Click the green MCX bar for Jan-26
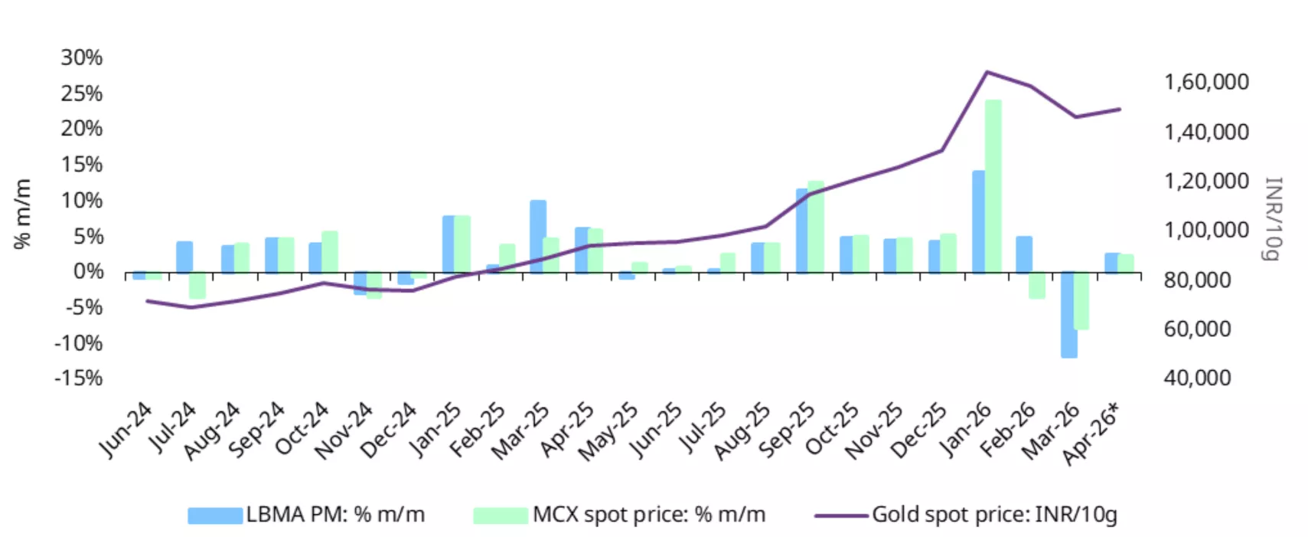coord(993,186)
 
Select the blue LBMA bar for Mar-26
coord(1068,314)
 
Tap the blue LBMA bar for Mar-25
coord(538,236)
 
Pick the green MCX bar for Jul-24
coord(197,285)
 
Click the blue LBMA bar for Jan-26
coord(979,221)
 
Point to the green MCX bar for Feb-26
coord(1037,285)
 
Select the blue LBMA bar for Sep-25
coord(802,231)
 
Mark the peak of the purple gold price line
coord(987,73)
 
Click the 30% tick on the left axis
coord(82,57)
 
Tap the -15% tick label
coord(78,378)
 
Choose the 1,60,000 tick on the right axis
coord(1206,82)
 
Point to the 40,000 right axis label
coord(1197,378)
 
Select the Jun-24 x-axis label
coord(126,431)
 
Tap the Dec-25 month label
coord(918,431)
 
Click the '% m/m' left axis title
coord(23,214)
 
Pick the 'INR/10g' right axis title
coord(1272,218)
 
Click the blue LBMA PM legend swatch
coord(215,516)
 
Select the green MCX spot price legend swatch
coord(501,516)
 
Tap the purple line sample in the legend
coord(840,516)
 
